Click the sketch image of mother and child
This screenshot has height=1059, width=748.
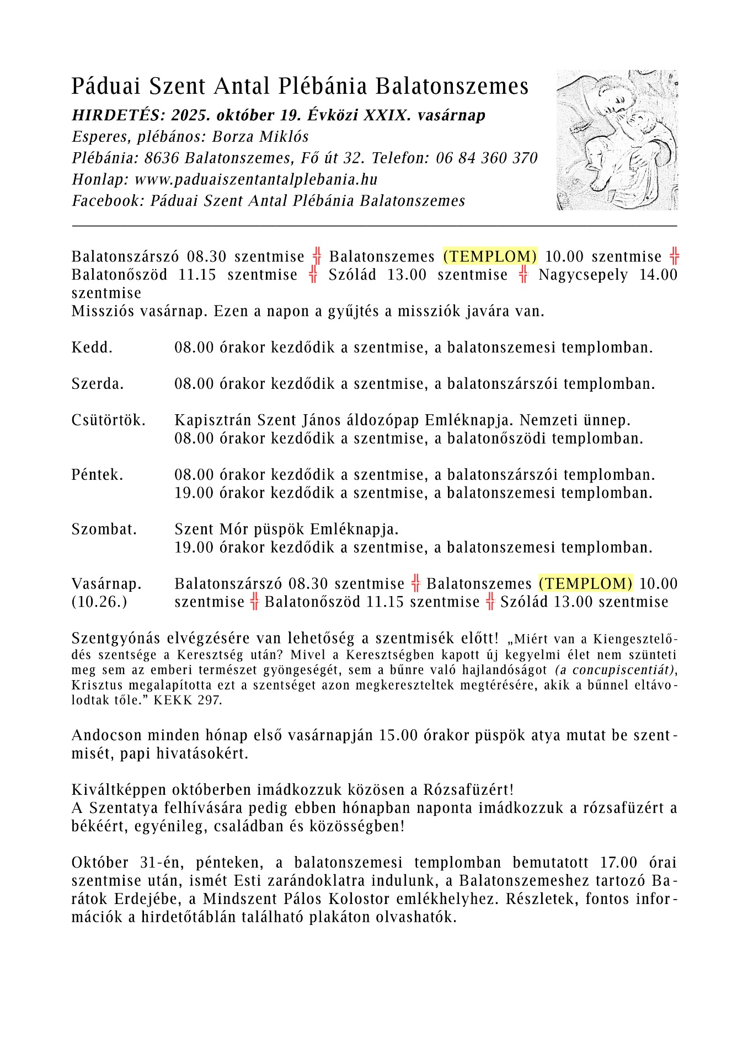click(617, 140)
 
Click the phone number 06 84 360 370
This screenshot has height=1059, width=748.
click(487, 158)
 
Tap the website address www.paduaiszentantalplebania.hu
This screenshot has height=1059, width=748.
click(256, 180)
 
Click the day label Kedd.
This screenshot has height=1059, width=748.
click(92, 348)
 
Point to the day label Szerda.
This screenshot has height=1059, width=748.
click(98, 384)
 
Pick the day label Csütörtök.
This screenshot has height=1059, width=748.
click(109, 420)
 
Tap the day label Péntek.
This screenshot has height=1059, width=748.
click(98, 475)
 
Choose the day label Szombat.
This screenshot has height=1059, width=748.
click(104, 529)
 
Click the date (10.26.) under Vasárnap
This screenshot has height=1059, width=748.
click(99, 602)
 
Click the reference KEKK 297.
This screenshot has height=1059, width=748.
click(188, 700)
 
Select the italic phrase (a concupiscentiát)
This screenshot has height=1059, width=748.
click(615, 670)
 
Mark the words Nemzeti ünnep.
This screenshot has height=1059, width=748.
click(575, 420)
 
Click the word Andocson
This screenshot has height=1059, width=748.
click(105, 736)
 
